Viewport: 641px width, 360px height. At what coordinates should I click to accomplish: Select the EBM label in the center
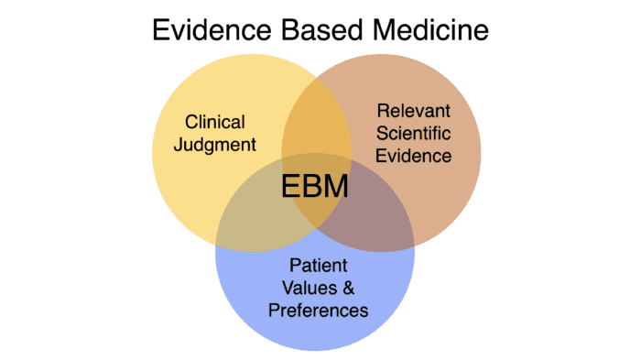(315, 187)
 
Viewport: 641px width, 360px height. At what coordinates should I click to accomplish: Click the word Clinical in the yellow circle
(215, 121)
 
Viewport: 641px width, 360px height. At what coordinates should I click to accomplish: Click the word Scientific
(414, 134)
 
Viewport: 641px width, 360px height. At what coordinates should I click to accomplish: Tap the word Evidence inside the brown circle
(415, 156)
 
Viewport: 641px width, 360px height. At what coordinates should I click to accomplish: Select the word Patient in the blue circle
(317, 266)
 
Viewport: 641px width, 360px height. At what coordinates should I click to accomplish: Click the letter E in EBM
(290, 187)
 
